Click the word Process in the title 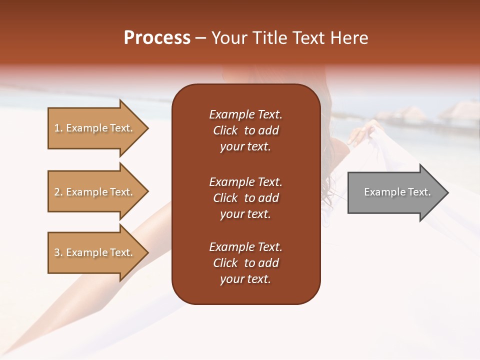point(157,38)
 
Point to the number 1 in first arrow point(57,128)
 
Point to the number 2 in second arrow point(57,192)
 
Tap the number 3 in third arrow point(57,252)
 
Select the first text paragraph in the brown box point(245,130)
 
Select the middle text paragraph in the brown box point(245,198)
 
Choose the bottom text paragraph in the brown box point(245,263)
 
